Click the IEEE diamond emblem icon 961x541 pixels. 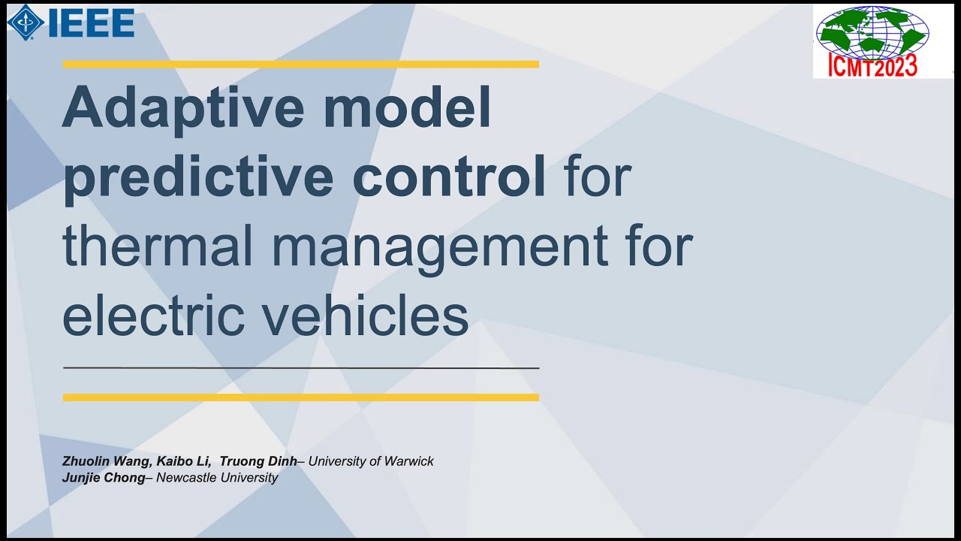tap(25, 22)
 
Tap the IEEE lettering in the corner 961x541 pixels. tap(91, 23)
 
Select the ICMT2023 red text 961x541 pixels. tap(872, 66)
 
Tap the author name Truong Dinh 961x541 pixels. tap(258, 461)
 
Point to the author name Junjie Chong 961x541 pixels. tap(104, 478)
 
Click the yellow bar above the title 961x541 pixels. tap(300, 65)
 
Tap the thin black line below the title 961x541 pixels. tap(300, 368)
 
